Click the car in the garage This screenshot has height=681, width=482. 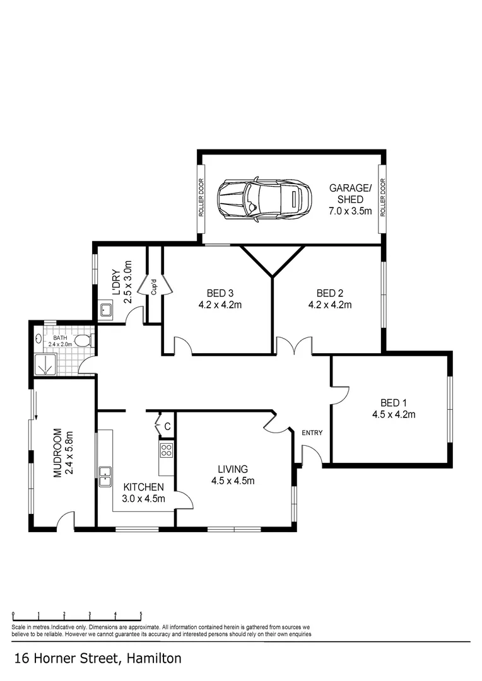(264, 199)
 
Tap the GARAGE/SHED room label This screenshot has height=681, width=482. (350, 188)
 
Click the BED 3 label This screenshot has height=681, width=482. (220, 293)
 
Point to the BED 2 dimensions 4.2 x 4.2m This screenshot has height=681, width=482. (329, 305)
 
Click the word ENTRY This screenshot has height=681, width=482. (312, 433)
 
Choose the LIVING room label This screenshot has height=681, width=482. (233, 469)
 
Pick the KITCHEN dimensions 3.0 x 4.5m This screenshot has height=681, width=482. (144, 499)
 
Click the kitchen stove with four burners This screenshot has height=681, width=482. (167, 450)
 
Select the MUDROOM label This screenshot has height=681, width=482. (58, 452)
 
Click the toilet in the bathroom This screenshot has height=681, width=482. (83, 341)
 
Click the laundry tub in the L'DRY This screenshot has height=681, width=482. (105, 310)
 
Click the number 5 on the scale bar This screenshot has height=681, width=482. (141, 614)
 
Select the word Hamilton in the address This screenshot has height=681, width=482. (154, 659)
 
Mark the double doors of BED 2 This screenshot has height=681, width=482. (294, 346)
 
